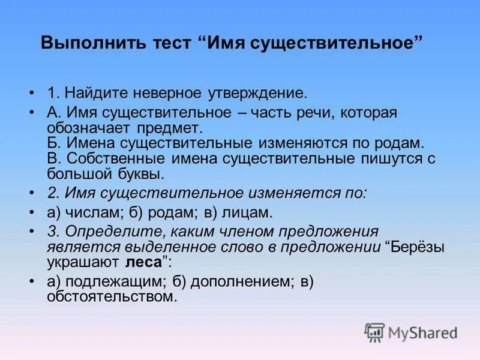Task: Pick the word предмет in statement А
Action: pos(174,128)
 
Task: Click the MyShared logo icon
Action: pos(374,332)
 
